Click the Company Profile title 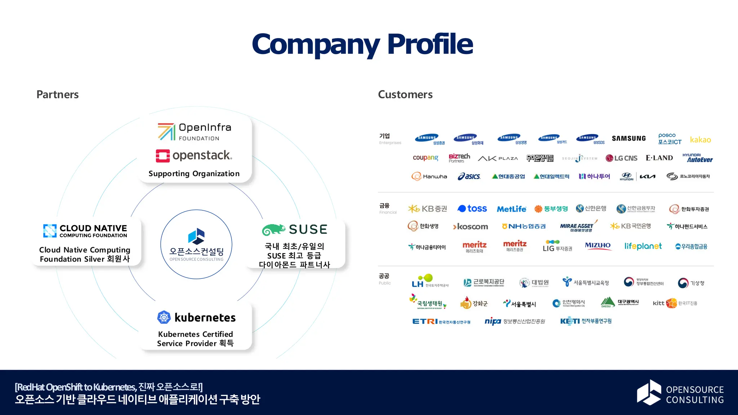tap(362, 44)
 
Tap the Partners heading tap(58, 94)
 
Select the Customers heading tap(405, 94)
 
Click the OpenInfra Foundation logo tap(194, 131)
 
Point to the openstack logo tap(194, 156)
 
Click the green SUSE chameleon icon tap(274, 229)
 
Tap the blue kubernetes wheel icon tap(164, 317)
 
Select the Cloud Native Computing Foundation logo tap(85, 231)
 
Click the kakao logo tap(700, 140)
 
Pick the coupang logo tap(425, 158)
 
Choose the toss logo tap(472, 209)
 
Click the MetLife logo tap(511, 209)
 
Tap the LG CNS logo tap(621, 158)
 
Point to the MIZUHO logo tap(597, 246)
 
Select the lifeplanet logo tap(643, 246)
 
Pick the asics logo tap(469, 177)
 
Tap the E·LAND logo tap(659, 158)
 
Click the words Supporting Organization tap(194, 174)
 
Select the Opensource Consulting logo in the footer tap(680, 393)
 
